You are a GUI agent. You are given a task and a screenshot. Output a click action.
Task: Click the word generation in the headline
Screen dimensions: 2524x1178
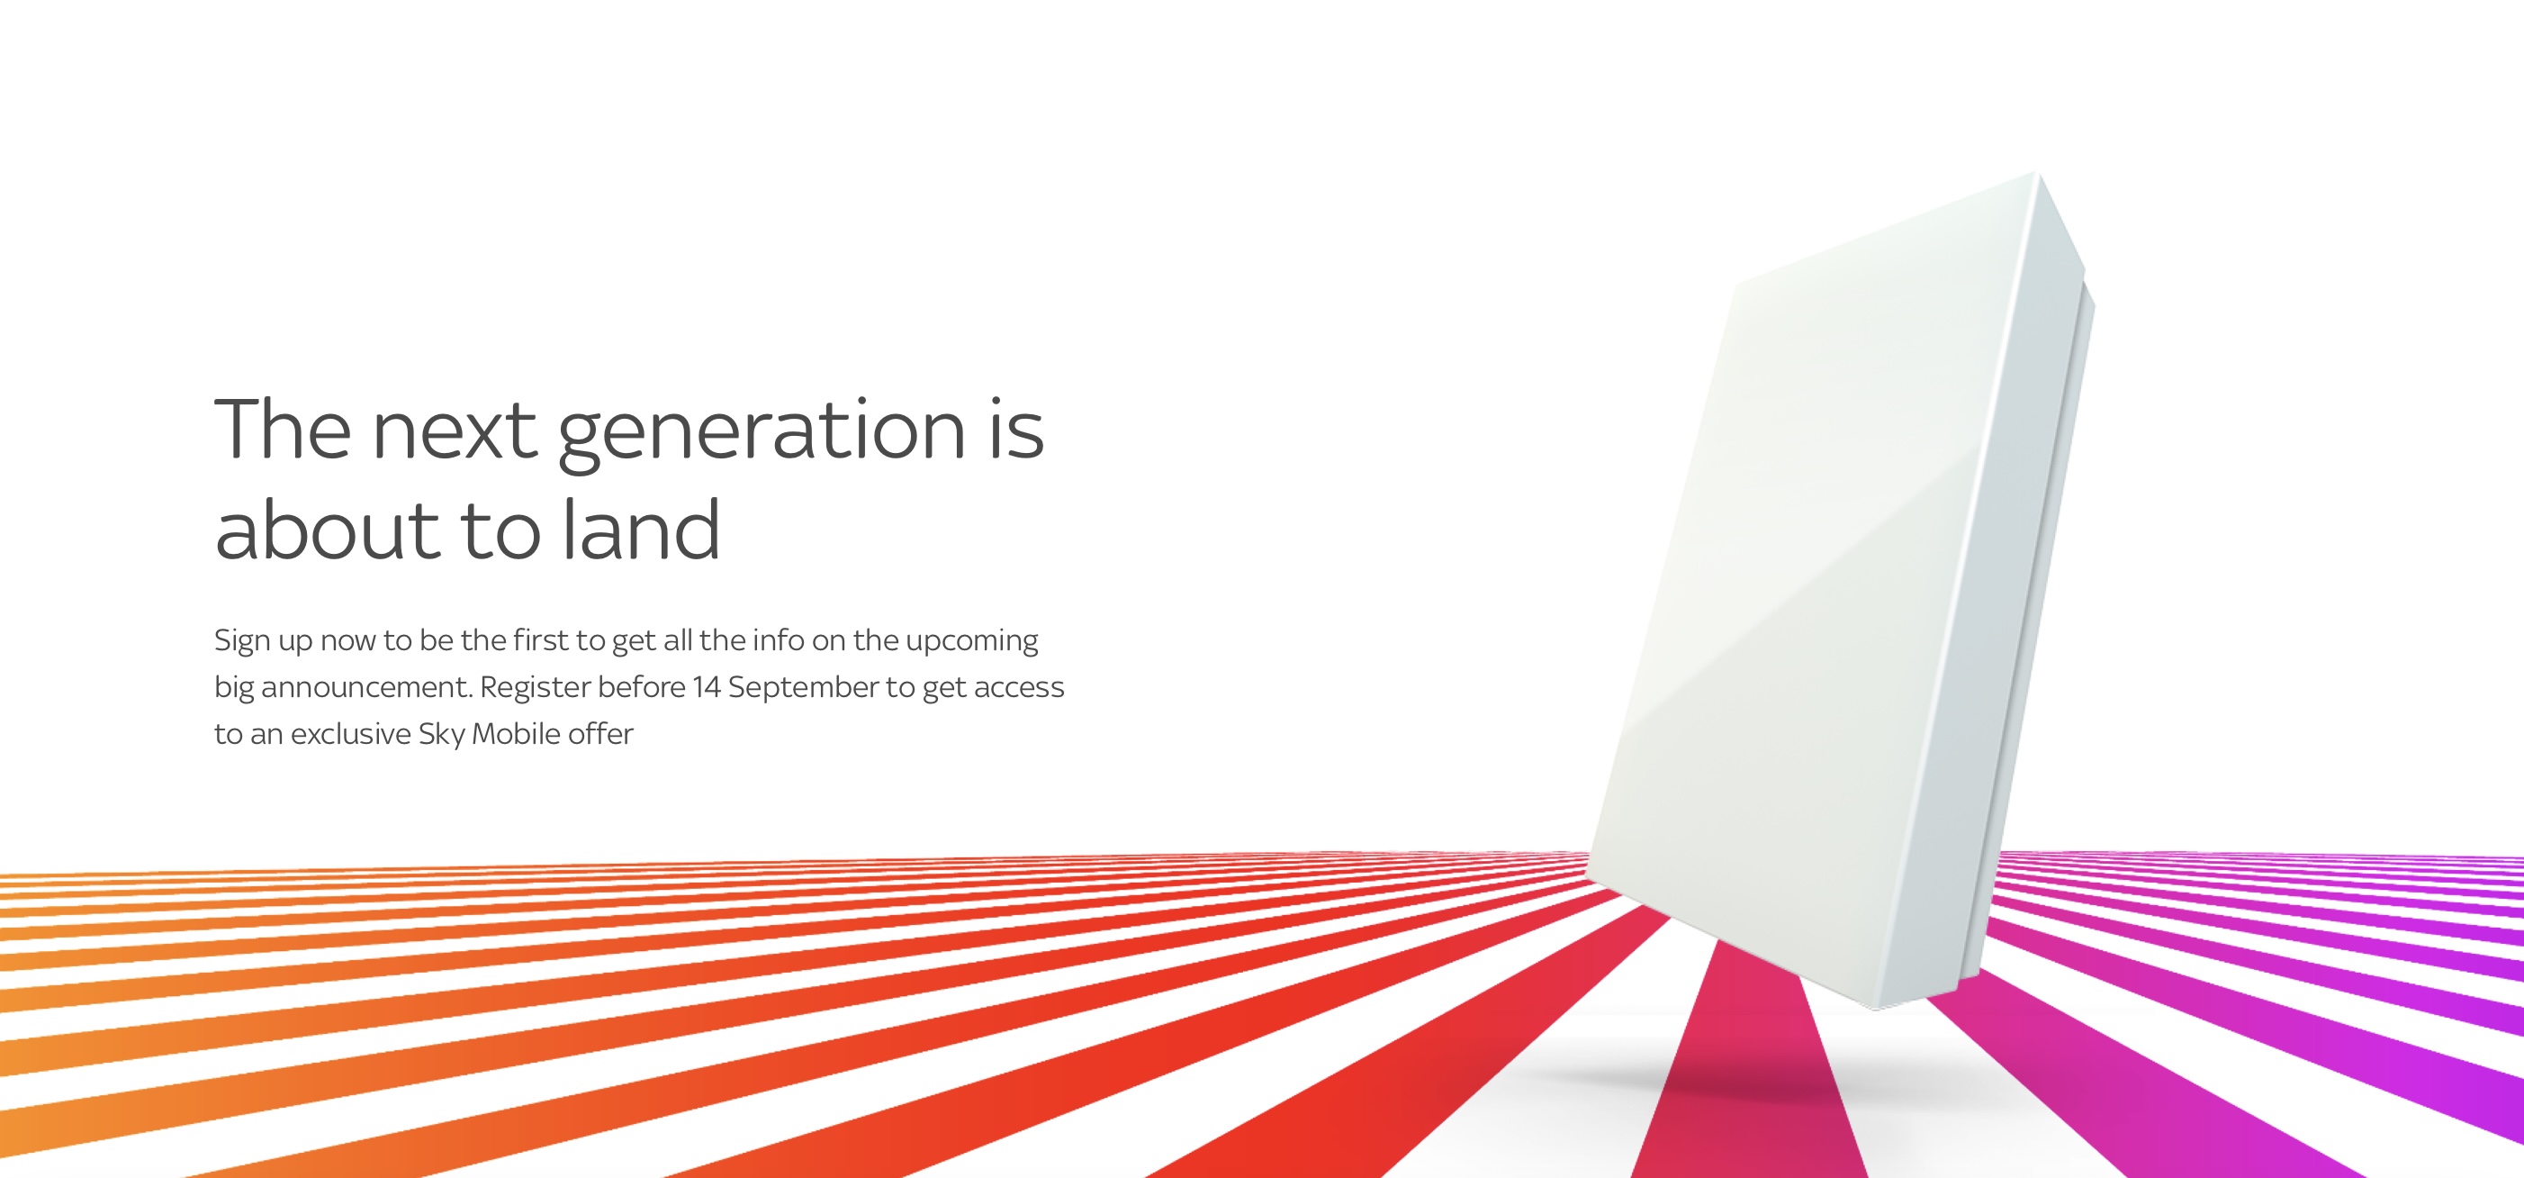pos(762,435)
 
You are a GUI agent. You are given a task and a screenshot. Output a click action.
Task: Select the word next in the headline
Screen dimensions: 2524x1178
pos(455,431)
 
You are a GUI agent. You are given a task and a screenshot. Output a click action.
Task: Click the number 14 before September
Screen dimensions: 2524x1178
pos(707,687)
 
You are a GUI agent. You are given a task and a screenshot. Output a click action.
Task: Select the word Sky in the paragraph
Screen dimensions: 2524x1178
pos(441,735)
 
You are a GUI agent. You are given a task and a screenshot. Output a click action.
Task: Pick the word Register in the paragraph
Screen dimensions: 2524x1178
pos(534,689)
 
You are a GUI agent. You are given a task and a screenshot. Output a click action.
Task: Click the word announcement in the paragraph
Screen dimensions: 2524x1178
pos(366,688)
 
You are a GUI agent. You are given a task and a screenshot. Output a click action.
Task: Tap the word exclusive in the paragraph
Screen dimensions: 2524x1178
pos(351,734)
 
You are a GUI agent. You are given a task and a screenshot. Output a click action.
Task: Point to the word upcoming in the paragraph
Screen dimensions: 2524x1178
pos(972,642)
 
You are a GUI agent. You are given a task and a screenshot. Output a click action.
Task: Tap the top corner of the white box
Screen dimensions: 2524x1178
pos(2038,174)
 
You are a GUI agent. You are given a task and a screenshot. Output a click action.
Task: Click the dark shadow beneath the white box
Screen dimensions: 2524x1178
pos(1744,1078)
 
